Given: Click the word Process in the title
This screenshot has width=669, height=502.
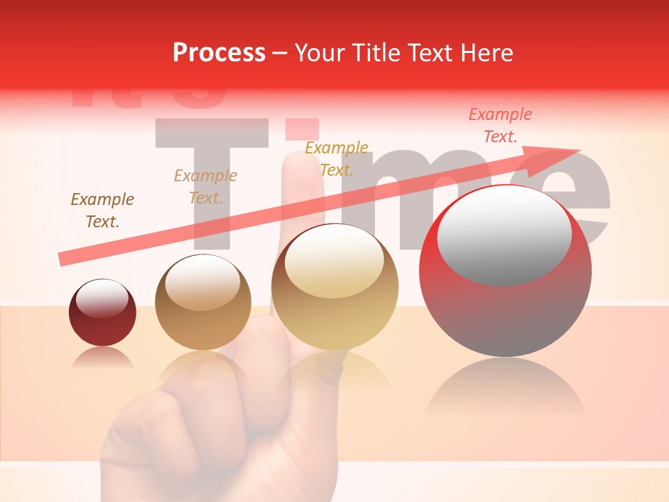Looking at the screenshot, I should click(219, 53).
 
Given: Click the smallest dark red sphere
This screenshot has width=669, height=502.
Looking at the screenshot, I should click(102, 313).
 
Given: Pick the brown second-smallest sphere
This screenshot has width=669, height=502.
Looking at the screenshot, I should click(203, 303).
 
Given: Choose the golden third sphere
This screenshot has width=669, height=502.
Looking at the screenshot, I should click(334, 287).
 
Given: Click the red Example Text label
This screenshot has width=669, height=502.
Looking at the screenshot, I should click(500, 125).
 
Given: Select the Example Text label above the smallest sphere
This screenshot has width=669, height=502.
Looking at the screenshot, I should click(102, 211).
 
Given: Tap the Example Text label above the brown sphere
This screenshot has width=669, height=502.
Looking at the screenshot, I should click(206, 186).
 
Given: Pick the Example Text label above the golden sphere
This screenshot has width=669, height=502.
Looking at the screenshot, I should click(337, 158).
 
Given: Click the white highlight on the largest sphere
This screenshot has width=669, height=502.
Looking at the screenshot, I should click(504, 234).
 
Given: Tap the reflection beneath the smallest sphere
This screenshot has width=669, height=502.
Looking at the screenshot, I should click(102, 357).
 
